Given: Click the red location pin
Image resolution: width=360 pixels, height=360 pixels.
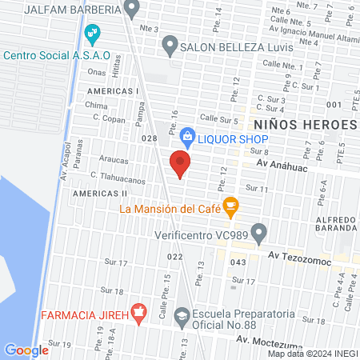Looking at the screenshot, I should point(180,164).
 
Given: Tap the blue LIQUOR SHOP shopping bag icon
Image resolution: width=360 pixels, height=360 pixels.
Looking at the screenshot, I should point(187,136).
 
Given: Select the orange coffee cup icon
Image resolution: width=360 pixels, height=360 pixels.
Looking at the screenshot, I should point(231,206).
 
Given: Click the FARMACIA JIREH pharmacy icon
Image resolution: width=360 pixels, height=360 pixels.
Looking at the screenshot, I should point(138,313).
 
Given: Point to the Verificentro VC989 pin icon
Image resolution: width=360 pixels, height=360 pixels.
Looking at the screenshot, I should point(258,234).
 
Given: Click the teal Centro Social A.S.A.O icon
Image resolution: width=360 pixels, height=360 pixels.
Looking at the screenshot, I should point(92,33).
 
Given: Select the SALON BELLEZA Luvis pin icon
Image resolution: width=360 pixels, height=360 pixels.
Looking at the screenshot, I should point(169,46).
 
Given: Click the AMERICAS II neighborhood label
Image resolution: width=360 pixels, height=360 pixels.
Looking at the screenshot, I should point(100,194).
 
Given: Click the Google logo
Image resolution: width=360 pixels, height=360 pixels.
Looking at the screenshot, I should point(26,350).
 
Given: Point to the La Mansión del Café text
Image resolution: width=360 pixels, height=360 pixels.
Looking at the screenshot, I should point(169,210).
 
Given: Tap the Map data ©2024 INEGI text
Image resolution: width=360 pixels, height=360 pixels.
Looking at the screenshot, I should point(312,354).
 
